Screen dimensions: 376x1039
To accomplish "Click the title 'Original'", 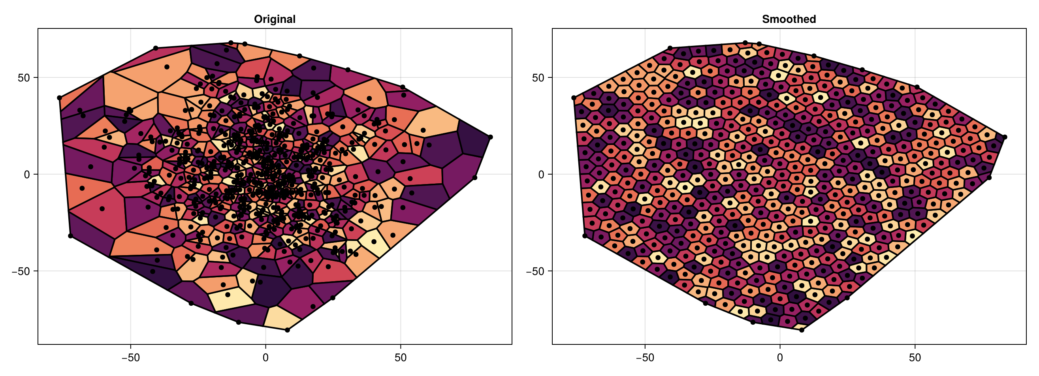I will tap(275, 19).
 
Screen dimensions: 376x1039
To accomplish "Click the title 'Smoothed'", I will tap(789, 19).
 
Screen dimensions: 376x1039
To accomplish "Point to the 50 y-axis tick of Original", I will tap(24, 77).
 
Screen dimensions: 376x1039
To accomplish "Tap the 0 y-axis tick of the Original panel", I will tap(27, 175).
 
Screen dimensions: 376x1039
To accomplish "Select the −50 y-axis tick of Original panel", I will tap(21, 271).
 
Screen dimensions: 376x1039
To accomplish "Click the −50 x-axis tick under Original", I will tap(130, 357).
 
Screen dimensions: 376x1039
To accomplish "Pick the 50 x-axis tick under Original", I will tap(401, 357).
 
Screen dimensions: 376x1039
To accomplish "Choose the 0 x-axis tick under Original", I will tap(265, 357).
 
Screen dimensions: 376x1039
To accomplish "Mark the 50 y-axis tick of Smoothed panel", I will tap(538, 77).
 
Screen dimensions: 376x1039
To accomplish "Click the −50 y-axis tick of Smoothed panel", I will tap(535, 271).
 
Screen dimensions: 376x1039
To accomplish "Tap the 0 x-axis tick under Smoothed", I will tap(780, 357).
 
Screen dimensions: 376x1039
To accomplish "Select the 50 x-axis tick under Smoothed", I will tap(915, 357).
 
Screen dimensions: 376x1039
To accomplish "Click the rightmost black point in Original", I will tap(490, 137).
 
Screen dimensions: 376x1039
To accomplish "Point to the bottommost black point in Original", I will tap(288, 330).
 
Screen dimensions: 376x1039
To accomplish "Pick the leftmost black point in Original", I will tap(59, 98).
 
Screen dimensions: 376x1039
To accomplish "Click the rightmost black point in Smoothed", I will tap(1005, 137).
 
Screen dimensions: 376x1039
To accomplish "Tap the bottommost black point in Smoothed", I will tap(802, 330).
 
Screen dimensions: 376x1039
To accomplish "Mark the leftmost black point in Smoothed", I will tap(574, 98).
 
